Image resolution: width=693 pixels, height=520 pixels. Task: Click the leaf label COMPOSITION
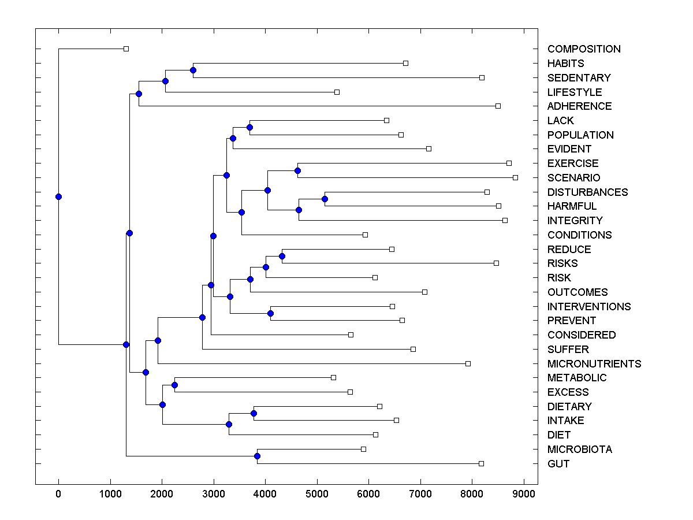coord(584,49)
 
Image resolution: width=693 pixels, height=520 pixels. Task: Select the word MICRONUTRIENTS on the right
coord(594,363)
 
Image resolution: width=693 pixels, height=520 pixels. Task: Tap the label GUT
coord(558,463)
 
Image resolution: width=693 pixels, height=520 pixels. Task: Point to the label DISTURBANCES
coord(587,192)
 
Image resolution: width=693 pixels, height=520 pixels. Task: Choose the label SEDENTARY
coord(579,77)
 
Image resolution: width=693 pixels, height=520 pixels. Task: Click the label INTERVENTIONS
coord(589,306)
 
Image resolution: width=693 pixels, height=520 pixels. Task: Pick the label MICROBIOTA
coord(580,449)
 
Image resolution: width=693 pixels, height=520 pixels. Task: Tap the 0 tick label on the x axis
coord(58,493)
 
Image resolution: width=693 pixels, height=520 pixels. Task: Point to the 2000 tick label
coord(162,493)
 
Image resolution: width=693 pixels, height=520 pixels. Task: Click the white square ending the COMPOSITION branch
coord(126,49)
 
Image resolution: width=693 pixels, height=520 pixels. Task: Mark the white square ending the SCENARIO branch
coord(515,177)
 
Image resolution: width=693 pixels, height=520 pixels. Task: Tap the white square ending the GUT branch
coord(481,463)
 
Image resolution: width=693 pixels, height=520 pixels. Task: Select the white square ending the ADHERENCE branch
coord(498,106)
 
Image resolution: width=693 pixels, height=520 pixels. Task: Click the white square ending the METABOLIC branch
coord(333,377)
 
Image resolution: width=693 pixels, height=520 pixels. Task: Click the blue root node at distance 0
coord(58,196)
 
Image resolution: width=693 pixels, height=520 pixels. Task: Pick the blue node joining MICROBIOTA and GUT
coord(257,456)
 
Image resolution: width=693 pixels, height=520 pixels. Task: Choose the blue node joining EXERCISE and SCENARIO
coord(297,170)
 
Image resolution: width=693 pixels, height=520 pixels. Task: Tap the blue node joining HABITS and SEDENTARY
coord(193,70)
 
